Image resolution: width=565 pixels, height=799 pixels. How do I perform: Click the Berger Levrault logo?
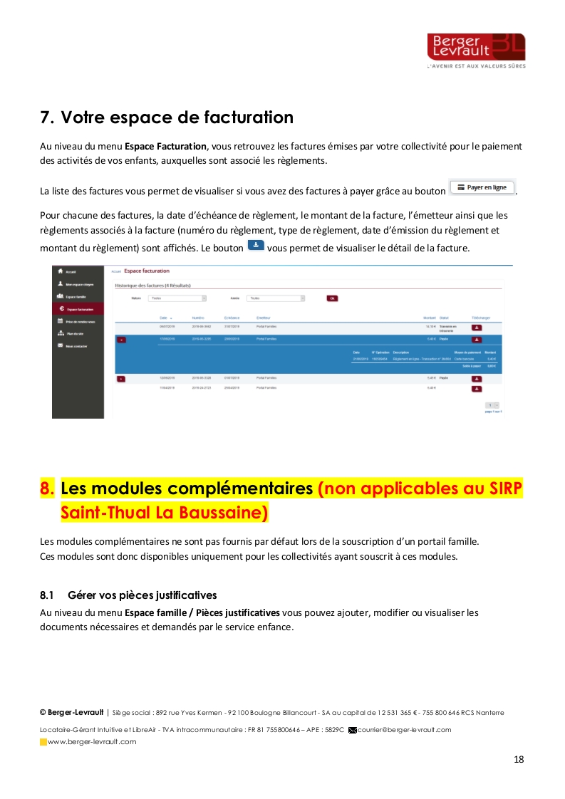coord(476,49)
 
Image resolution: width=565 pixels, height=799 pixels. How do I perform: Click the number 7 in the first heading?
coord(45,117)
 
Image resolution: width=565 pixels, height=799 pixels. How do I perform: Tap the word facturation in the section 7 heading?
coord(248,117)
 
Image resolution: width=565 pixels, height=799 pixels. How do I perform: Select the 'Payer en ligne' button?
coord(482,187)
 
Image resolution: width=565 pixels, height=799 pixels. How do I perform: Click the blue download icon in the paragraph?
coord(256,246)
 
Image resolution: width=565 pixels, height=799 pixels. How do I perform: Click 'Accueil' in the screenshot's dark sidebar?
coord(71,271)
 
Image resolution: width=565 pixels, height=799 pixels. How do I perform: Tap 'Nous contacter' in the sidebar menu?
coord(77,346)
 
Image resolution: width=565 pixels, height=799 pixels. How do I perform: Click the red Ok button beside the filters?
coord(332,298)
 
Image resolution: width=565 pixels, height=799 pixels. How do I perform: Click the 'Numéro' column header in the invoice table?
coord(198,317)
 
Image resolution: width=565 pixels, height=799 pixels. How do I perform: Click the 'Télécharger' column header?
coord(481,317)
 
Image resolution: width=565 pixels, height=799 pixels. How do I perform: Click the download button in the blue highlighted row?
coord(477,340)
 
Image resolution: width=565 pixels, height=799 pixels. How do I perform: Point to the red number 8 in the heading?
coord(47,489)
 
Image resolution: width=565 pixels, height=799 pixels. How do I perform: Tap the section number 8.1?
coord(47,595)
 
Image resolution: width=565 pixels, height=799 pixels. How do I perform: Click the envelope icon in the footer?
coord(352,730)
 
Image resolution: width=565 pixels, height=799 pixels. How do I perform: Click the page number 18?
coord(518,759)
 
